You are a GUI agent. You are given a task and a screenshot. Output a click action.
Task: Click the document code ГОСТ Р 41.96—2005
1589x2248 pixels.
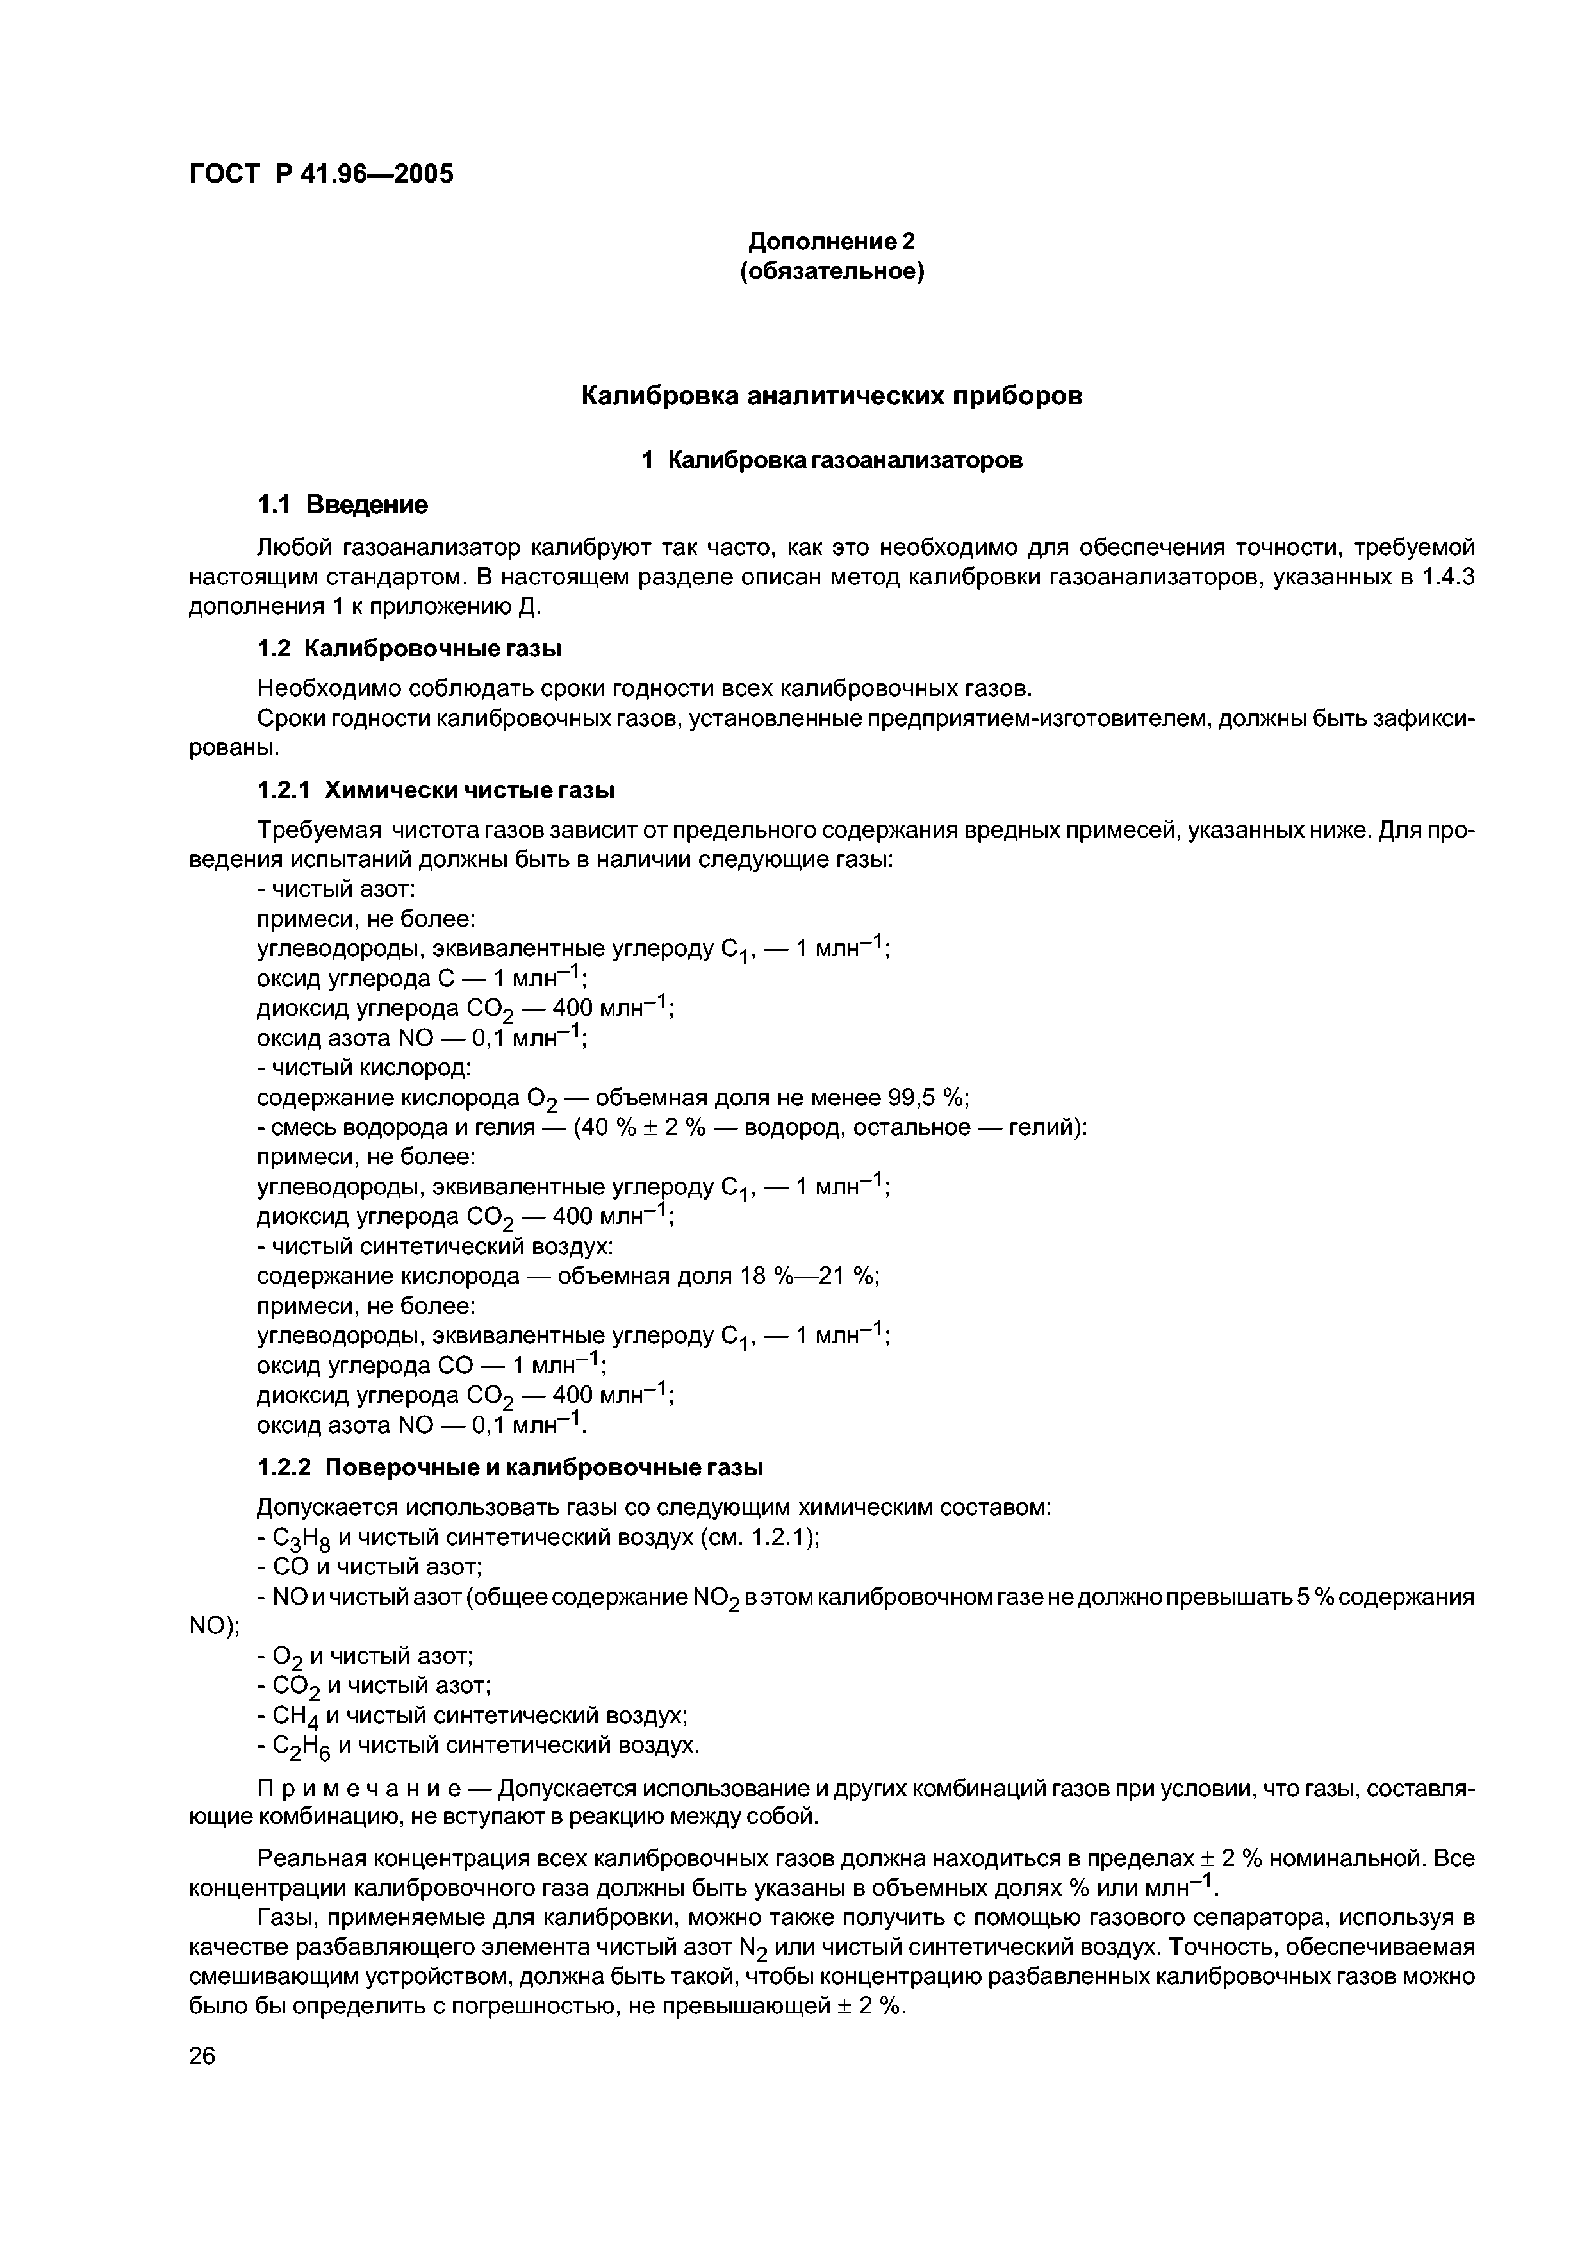point(321,174)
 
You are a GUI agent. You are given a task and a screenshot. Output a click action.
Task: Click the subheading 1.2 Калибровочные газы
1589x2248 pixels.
point(409,648)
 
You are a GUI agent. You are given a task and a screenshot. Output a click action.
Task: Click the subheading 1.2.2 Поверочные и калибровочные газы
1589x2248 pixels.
point(510,1467)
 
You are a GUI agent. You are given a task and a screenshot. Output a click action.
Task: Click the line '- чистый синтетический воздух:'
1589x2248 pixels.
point(434,1246)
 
